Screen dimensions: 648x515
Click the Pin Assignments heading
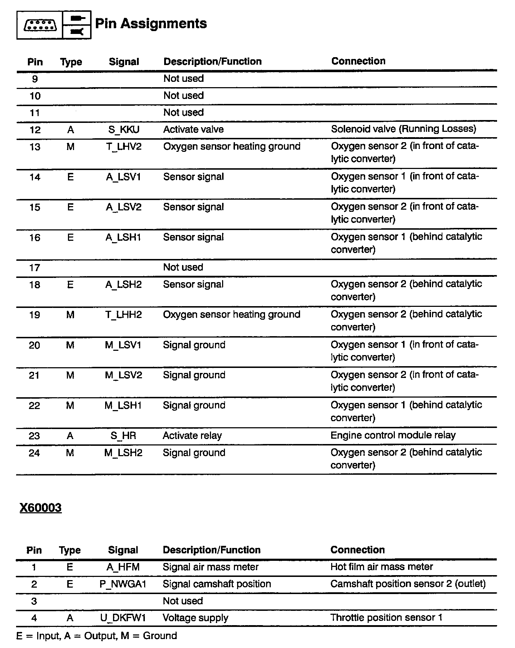151,24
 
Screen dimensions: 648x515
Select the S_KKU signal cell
124,129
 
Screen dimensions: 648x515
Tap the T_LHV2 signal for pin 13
124,146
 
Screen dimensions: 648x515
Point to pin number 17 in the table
35,268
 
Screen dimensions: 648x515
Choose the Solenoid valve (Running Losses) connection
403,129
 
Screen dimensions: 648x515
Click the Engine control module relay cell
393,435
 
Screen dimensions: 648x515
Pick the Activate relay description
192,435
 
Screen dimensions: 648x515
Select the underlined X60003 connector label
40,508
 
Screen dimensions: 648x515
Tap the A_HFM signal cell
123,567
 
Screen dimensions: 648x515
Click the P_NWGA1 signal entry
123,584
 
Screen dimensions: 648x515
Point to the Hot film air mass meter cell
381,567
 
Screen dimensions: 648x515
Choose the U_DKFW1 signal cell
123,618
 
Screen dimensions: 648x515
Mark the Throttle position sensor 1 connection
386,618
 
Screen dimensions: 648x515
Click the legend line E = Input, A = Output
97,636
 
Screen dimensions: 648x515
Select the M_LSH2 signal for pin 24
123,453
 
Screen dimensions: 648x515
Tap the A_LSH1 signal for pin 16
123,237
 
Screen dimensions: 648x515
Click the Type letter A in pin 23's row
70,436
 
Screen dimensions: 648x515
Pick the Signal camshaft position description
217,584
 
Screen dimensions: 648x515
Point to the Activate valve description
193,129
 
